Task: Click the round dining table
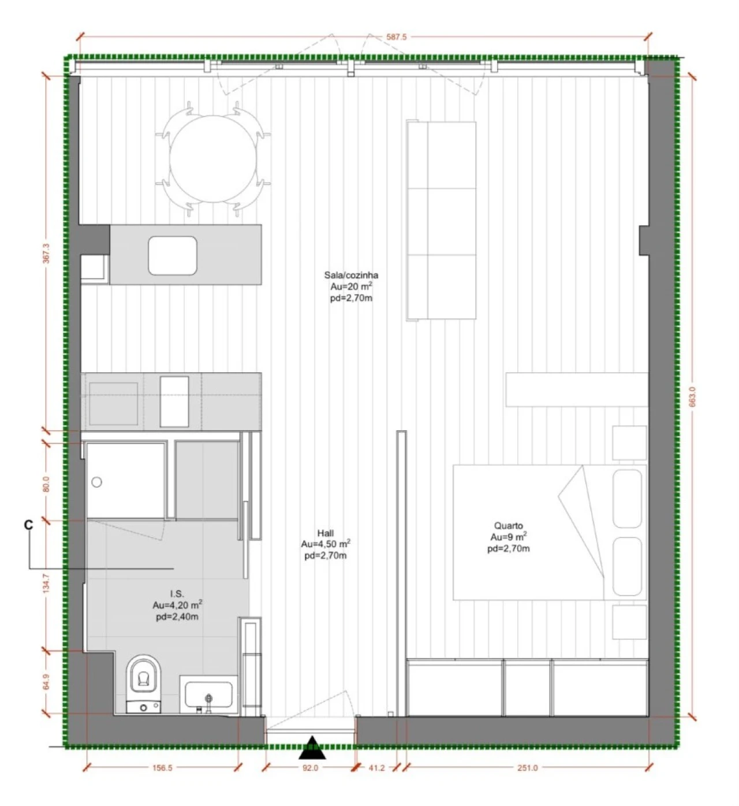(x=213, y=159)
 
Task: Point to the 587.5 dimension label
(x=397, y=37)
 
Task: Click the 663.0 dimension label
(x=692, y=397)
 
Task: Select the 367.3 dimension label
(x=46, y=254)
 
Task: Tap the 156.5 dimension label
(x=162, y=768)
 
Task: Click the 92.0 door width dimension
(x=310, y=768)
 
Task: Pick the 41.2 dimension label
(x=377, y=768)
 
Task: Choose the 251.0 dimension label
(x=527, y=768)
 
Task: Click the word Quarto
(x=509, y=526)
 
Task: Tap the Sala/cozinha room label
(x=352, y=275)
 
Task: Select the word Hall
(x=325, y=533)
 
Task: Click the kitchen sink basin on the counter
(x=172, y=255)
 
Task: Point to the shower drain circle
(x=96, y=482)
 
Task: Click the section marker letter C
(x=28, y=525)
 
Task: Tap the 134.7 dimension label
(x=46, y=584)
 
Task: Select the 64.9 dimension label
(x=46, y=682)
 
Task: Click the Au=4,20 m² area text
(x=177, y=605)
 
